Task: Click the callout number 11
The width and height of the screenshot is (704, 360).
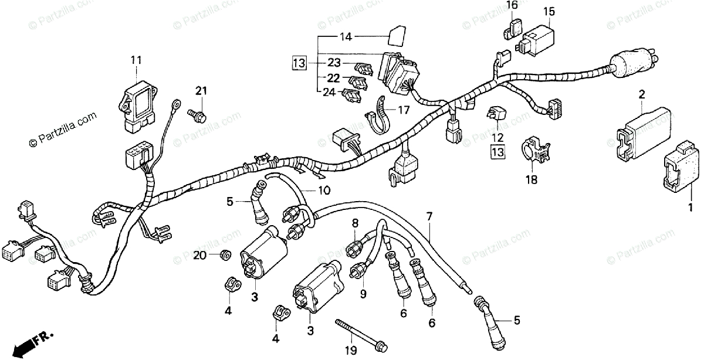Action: pos(136,60)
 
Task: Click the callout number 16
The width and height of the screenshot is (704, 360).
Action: pos(512,6)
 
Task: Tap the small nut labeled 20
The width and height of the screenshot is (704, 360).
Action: pos(224,256)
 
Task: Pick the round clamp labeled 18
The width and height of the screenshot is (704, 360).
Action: pos(534,153)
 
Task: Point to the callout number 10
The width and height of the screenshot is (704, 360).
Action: pos(324,191)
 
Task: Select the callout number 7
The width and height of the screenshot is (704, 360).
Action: pos(429,216)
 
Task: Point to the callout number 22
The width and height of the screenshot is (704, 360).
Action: pos(333,78)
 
